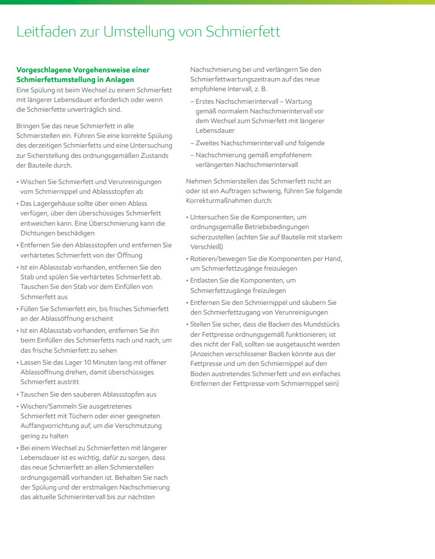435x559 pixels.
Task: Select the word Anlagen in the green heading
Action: [119, 79]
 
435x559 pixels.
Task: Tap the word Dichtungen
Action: [38, 233]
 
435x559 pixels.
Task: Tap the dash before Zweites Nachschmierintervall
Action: [192, 143]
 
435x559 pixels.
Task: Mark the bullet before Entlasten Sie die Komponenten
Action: [187, 280]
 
